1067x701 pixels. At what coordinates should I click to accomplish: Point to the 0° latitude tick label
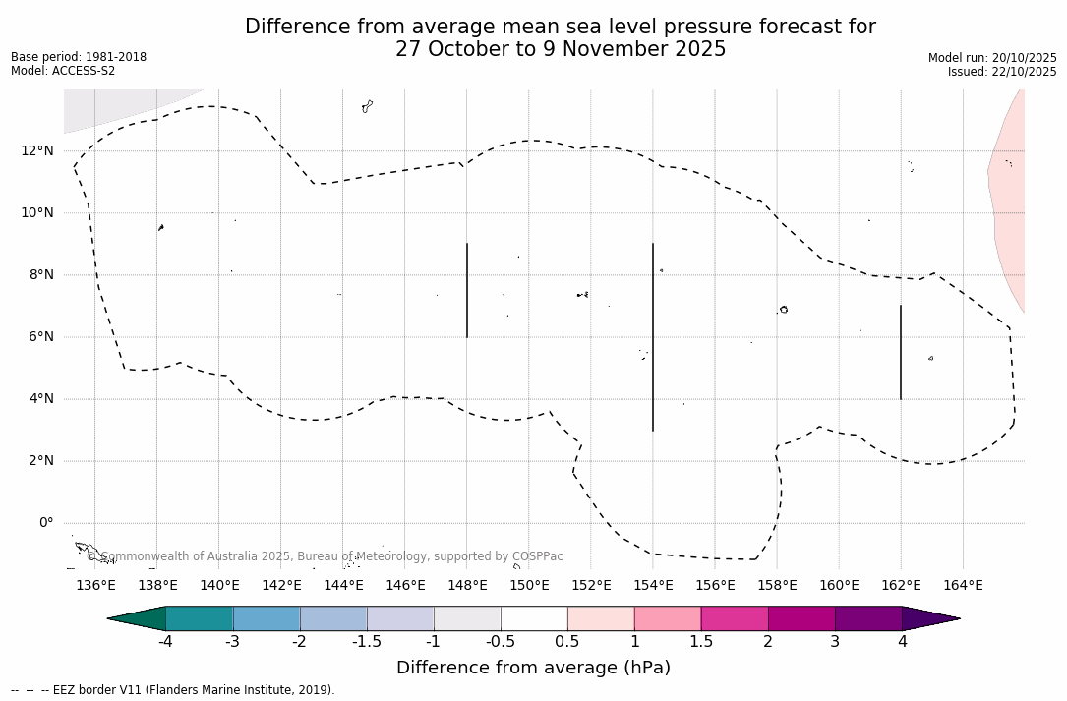coord(45,523)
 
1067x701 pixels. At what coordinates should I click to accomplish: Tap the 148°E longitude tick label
coord(467,586)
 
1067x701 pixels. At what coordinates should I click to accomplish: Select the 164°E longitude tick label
coord(963,586)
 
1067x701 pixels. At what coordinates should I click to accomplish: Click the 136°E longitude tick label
coord(95,586)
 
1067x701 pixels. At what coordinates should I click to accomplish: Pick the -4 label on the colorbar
coord(165,642)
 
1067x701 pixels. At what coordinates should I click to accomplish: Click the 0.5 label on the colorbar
coord(567,642)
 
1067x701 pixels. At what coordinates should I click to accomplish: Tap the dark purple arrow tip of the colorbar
coord(929,618)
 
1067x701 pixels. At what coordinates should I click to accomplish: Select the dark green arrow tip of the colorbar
coord(138,618)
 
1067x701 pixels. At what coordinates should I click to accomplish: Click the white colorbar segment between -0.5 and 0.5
coord(534,618)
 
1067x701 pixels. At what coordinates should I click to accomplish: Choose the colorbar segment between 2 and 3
coord(801,618)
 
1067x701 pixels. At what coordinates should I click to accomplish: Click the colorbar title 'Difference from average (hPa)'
coord(533,668)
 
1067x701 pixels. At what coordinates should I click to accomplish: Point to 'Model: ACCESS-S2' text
coord(63,71)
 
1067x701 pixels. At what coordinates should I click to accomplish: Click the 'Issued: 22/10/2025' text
coord(1002,72)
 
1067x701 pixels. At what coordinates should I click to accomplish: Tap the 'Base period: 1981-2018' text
coord(79,57)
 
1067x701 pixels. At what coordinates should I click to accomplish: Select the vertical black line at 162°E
coord(901,352)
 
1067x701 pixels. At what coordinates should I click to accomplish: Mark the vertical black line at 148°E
coord(467,290)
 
